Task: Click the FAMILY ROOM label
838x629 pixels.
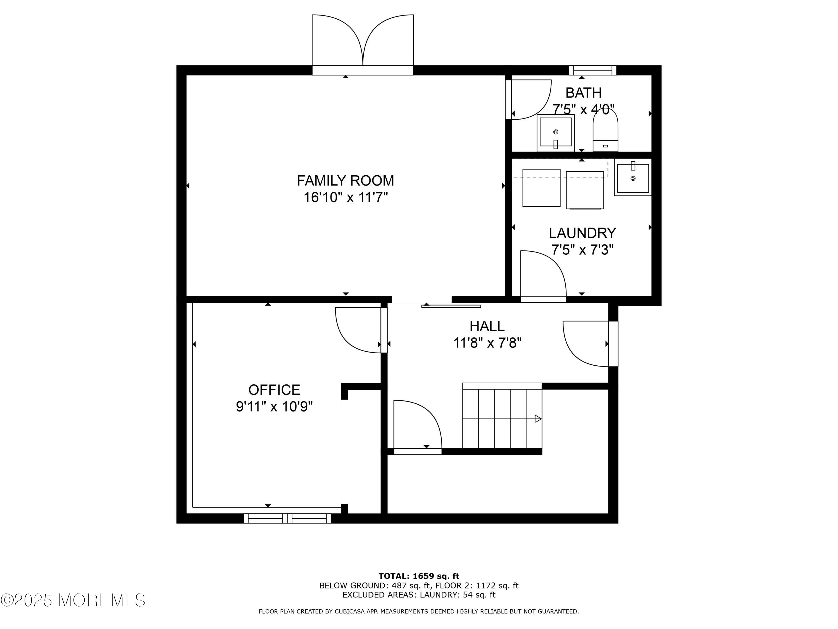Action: pos(345,181)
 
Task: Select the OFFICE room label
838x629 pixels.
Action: pos(274,390)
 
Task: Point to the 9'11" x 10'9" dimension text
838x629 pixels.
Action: pos(274,407)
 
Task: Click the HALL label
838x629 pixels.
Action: pos(487,326)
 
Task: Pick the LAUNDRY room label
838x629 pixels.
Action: pos(582,233)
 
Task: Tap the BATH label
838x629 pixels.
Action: pos(584,93)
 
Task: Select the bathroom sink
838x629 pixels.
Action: pos(555,133)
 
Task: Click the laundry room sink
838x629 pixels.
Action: pos(633,178)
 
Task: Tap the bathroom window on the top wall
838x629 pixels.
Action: pos(593,70)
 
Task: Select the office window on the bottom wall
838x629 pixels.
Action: pos(287,518)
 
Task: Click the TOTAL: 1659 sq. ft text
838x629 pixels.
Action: pos(419,576)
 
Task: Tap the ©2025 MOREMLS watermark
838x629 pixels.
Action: pos(73,600)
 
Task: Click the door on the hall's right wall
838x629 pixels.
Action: pos(590,344)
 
